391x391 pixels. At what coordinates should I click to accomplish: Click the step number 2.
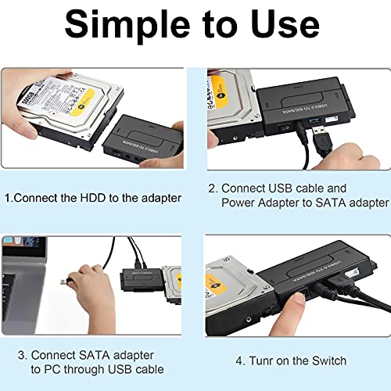[x=211, y=188]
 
